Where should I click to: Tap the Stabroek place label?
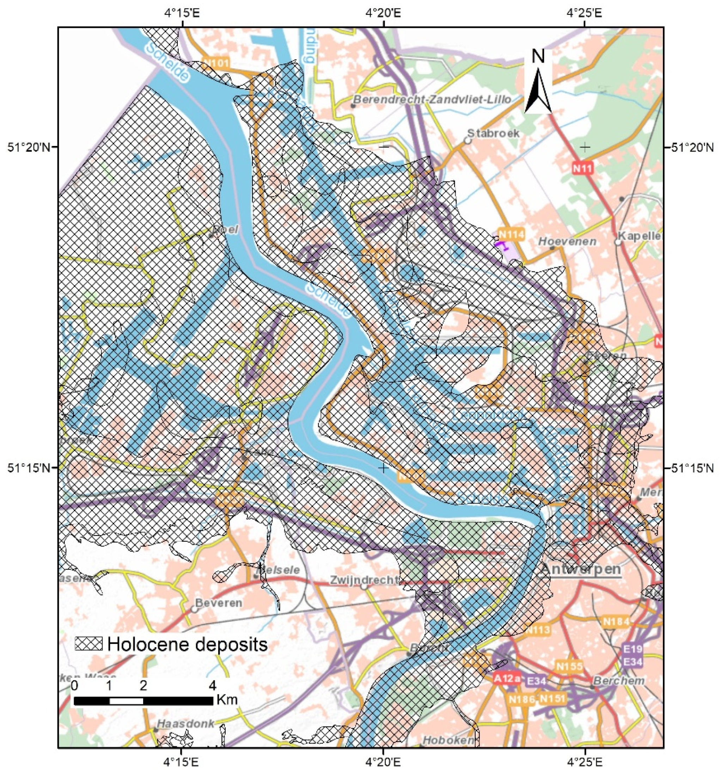493,133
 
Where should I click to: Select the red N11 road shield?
582,168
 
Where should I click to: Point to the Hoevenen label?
567,241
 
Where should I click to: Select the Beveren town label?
218,603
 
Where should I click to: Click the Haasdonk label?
185,724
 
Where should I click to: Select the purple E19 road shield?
633,649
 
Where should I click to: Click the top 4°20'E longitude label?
383,14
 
